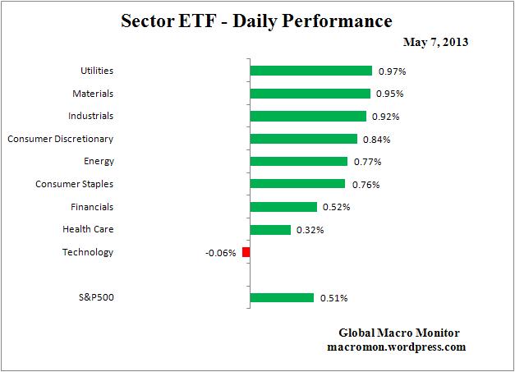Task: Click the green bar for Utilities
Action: [x=310, y=71]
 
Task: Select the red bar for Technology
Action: [x=246, y=252]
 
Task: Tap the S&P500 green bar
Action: [x=281, y=298]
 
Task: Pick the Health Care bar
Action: [x=269, y=230]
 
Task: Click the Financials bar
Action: [x=283, y=207]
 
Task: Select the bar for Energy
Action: [x=298, y=162]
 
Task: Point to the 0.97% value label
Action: [x=393, y=71]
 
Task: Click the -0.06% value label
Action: [x=220, y=253]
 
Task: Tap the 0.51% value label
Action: [x=334, y=298]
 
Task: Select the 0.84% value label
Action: [x=377, y=140]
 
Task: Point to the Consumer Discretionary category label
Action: [x=60, y=139]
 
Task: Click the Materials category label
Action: [x=92, y=94]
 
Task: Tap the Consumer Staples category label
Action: [x=74, y=184]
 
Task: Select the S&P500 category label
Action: [x=97, y=297]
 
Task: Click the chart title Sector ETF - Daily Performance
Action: [x=257, y=19]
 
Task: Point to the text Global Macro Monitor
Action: [x=399, y=333]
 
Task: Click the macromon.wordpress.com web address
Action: [x=396, y=347]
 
